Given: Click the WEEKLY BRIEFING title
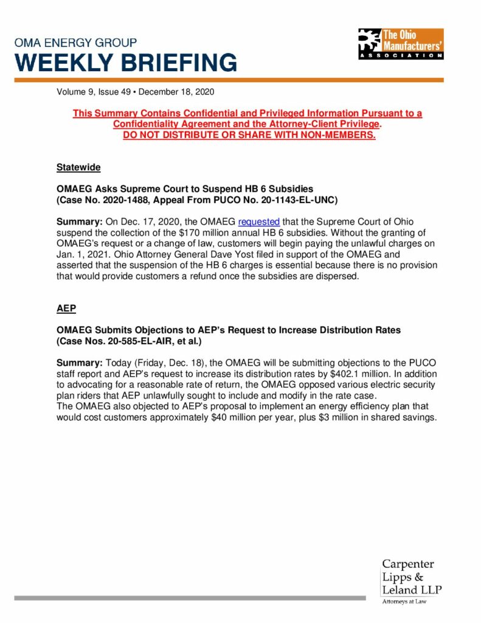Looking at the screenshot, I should (x=126, y=62).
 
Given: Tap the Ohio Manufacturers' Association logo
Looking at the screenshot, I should (x=401, y=44).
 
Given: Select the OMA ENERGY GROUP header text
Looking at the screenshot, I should (x=75, y=43).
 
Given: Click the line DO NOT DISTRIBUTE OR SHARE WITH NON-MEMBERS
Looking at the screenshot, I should (x=249, y=134).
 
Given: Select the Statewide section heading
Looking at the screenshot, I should (x=78, y=167).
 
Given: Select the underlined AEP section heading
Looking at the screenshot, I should (x=66, y=308).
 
